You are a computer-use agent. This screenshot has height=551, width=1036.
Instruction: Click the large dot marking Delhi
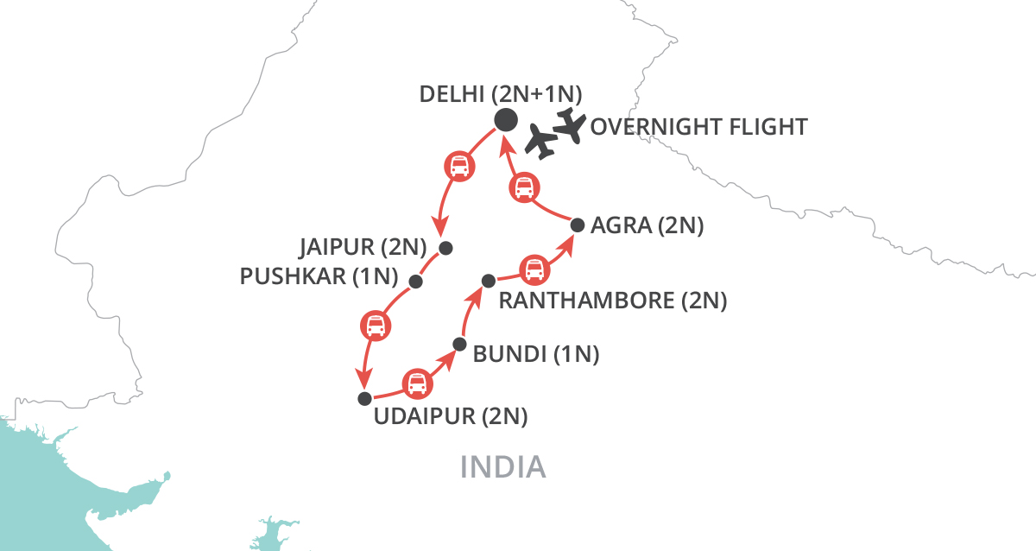point(505,121)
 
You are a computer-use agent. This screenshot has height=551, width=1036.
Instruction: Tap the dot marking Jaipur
point(445,248)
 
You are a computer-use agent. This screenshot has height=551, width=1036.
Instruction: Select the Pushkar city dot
point(415,282)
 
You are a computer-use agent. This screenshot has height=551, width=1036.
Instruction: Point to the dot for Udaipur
point(364,398)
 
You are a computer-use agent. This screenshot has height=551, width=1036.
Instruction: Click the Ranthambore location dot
point(488,280)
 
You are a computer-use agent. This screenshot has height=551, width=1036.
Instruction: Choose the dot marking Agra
point(578,225)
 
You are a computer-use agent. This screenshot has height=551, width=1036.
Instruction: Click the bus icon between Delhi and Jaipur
point(460,165)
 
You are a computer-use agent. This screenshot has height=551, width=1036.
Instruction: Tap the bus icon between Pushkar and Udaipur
point(374,326)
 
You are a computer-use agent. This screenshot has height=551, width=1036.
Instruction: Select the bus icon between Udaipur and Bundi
point(417,382)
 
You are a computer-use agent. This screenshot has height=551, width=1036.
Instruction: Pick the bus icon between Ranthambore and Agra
point(535,269)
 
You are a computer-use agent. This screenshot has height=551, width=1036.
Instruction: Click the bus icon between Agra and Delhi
point(524,187)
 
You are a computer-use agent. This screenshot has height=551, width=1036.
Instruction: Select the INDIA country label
point(502,466)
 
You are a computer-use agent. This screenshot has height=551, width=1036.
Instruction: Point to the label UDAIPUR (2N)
point(450,417)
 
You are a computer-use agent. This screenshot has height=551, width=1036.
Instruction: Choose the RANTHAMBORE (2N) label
point(613,301)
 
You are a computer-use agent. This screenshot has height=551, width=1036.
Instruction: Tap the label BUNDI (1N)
point(536,353)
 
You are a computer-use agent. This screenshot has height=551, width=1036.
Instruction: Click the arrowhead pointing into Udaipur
point(363,381)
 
